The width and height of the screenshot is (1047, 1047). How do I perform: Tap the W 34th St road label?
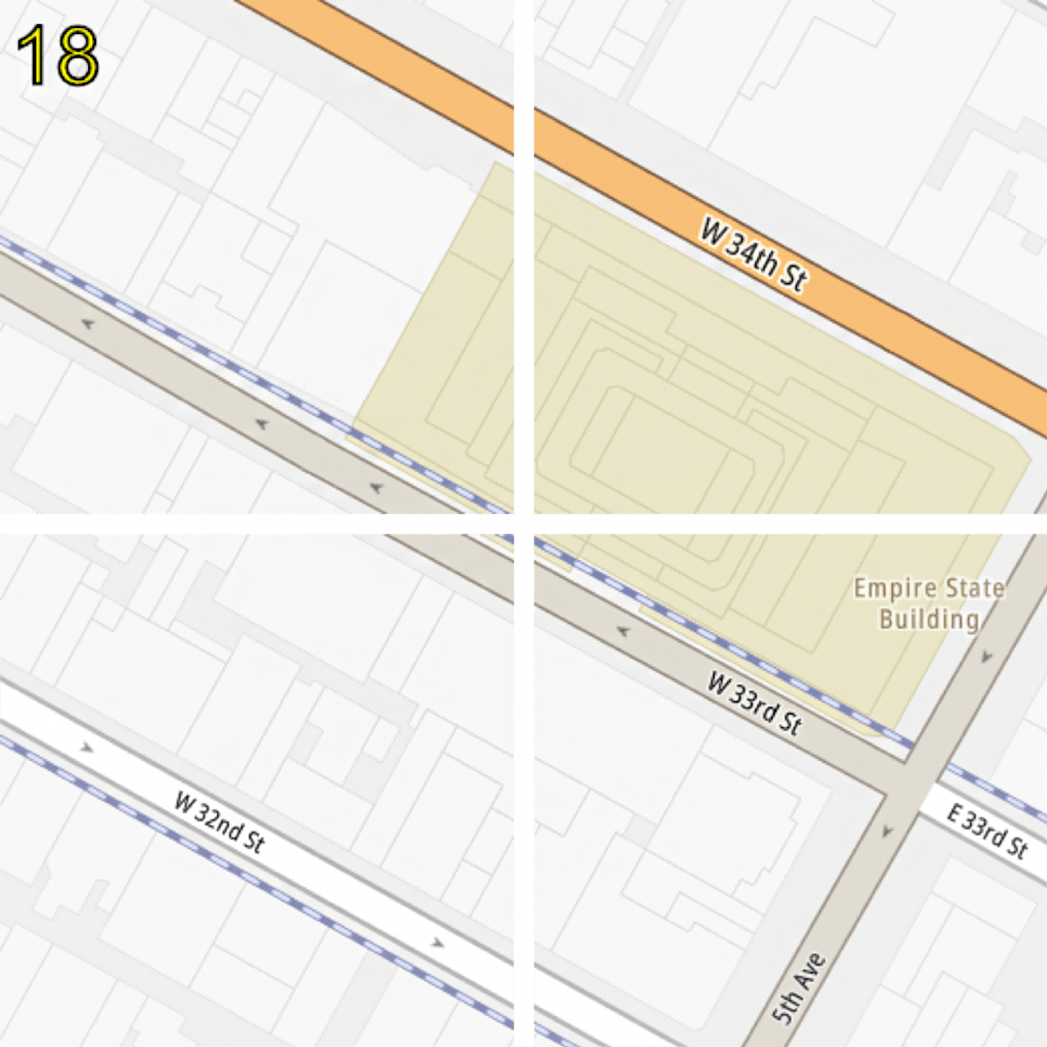752,253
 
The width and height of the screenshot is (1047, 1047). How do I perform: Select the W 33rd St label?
755,704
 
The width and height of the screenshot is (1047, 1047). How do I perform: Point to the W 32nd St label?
220,823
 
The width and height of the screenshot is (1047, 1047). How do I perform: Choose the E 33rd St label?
986,831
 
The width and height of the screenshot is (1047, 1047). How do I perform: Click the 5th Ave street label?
801,989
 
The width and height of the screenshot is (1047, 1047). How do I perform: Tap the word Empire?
894,588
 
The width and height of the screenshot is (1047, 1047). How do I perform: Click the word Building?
929,619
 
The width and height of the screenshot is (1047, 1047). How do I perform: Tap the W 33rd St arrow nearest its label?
622,632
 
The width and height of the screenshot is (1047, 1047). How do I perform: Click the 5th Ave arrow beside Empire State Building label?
986,657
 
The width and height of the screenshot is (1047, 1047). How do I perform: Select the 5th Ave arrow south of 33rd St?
886,832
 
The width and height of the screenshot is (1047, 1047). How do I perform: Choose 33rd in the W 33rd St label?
759,706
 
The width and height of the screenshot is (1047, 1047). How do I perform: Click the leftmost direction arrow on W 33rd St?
88,324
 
